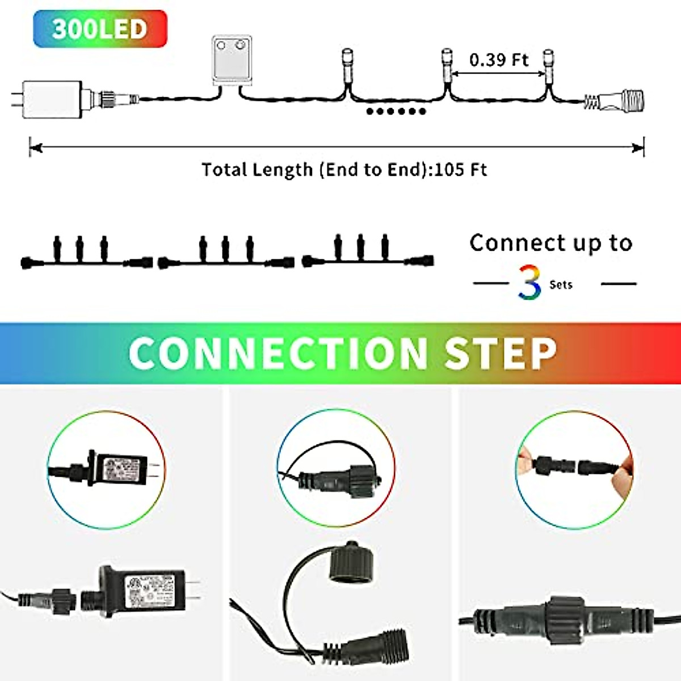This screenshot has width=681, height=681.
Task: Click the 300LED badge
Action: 100,28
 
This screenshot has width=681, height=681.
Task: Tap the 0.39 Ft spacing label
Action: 498,60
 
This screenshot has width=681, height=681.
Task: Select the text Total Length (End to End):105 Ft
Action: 344,170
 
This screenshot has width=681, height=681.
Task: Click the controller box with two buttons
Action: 232,60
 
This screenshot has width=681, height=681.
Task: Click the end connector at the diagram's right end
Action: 621,100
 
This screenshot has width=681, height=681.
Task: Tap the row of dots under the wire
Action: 396,111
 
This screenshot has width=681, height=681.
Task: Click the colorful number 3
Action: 529,283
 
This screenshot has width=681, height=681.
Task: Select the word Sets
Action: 561,285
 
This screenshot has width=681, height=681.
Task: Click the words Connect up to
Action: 550,243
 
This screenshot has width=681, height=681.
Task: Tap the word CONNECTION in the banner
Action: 278,353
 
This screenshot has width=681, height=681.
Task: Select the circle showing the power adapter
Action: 106,470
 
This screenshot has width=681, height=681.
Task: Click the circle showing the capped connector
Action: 335,470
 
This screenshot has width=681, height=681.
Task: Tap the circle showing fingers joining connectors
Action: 574,470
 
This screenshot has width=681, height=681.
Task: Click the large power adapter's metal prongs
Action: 192,591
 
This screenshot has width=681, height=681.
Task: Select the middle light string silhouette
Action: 226,253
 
